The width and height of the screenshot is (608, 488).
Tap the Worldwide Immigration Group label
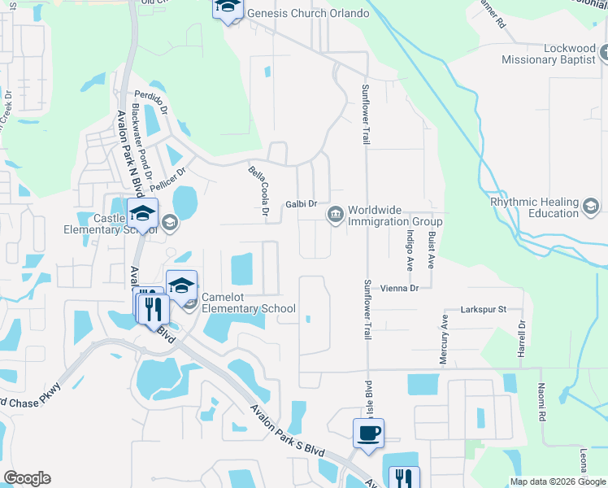[395, 216]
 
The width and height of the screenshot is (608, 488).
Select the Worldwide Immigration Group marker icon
[335, 215]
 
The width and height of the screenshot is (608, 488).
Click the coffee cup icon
[368, 431]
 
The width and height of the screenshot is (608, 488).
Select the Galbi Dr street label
[300, 205]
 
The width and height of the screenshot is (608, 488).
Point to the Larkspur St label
[483, 309]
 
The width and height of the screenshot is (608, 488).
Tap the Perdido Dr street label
[150, 101]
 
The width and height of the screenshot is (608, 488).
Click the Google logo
[27, 478]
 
